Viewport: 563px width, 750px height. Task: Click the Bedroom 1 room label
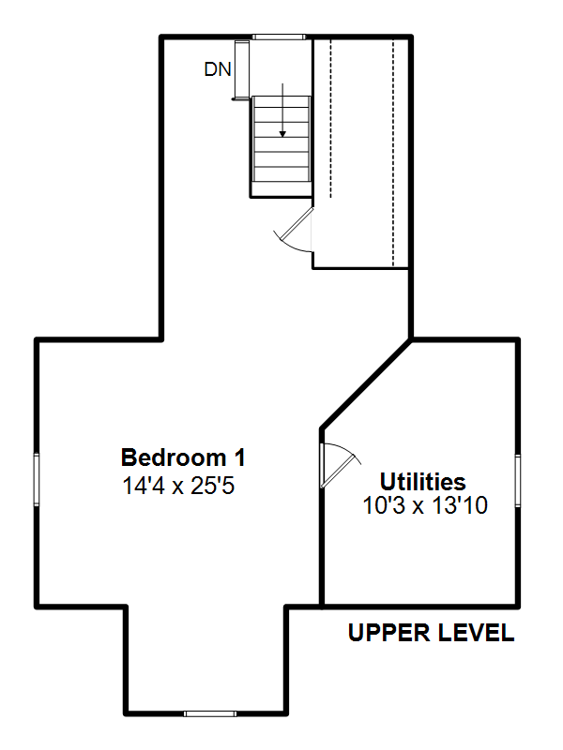click(183, 457)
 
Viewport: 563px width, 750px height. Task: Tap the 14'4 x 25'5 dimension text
click(178, 486)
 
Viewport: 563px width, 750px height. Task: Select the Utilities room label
click(423, 482)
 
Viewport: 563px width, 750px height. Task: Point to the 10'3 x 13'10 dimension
click(425, 505)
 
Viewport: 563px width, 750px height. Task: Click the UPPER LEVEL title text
click(432, 633)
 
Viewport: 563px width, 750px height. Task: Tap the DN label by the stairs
click(218, 69)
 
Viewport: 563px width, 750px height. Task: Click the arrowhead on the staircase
click(282, 134)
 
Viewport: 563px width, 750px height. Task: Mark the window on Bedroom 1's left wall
click(37, 479)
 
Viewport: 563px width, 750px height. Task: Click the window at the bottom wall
click(210, 713)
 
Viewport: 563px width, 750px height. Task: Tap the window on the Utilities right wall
click(518, 480)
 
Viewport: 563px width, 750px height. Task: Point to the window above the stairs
click(279, 37)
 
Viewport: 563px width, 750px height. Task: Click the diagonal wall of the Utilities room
click(366, 383)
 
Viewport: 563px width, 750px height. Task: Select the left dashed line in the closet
click(330, 119)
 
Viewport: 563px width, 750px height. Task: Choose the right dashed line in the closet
click(393, 153)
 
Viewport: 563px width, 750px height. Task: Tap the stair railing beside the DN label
click(242, 69)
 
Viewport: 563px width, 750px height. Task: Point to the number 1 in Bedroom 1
click(240, 457)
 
